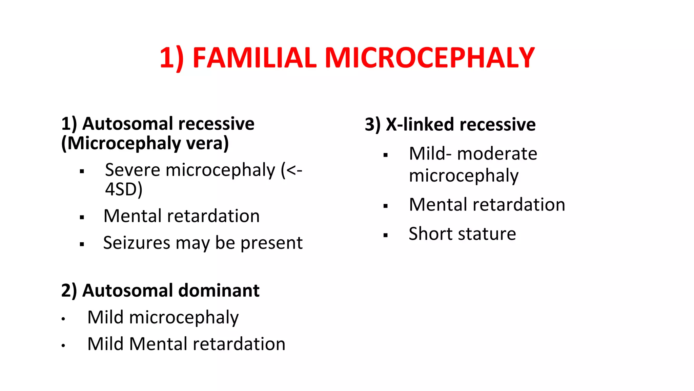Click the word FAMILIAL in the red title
click(254, 58)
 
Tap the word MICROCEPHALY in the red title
click(430, 58)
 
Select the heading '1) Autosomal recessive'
click(158, 124)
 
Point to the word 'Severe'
click(132, 170)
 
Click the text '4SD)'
click(124, 189)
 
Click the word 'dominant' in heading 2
click(219, 291)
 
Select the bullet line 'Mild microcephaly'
click(163, 317)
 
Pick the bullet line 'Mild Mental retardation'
click(186, 344)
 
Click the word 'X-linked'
click(420, 124)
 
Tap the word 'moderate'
click(497, 154)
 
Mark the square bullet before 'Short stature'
click(385, 235)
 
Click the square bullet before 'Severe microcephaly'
click(82, 171)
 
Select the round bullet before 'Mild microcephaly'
click(63, 319)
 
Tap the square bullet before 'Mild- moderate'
click(385, 155)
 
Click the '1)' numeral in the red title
click(171, 58)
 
